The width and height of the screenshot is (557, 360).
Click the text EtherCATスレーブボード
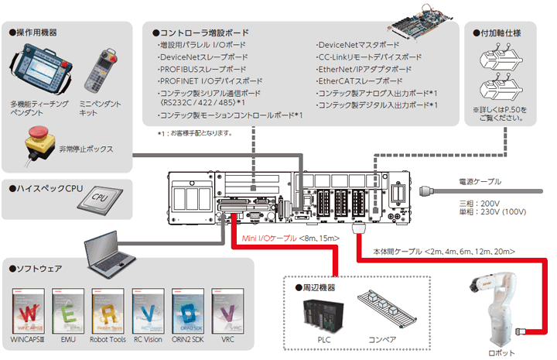[361, 81]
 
